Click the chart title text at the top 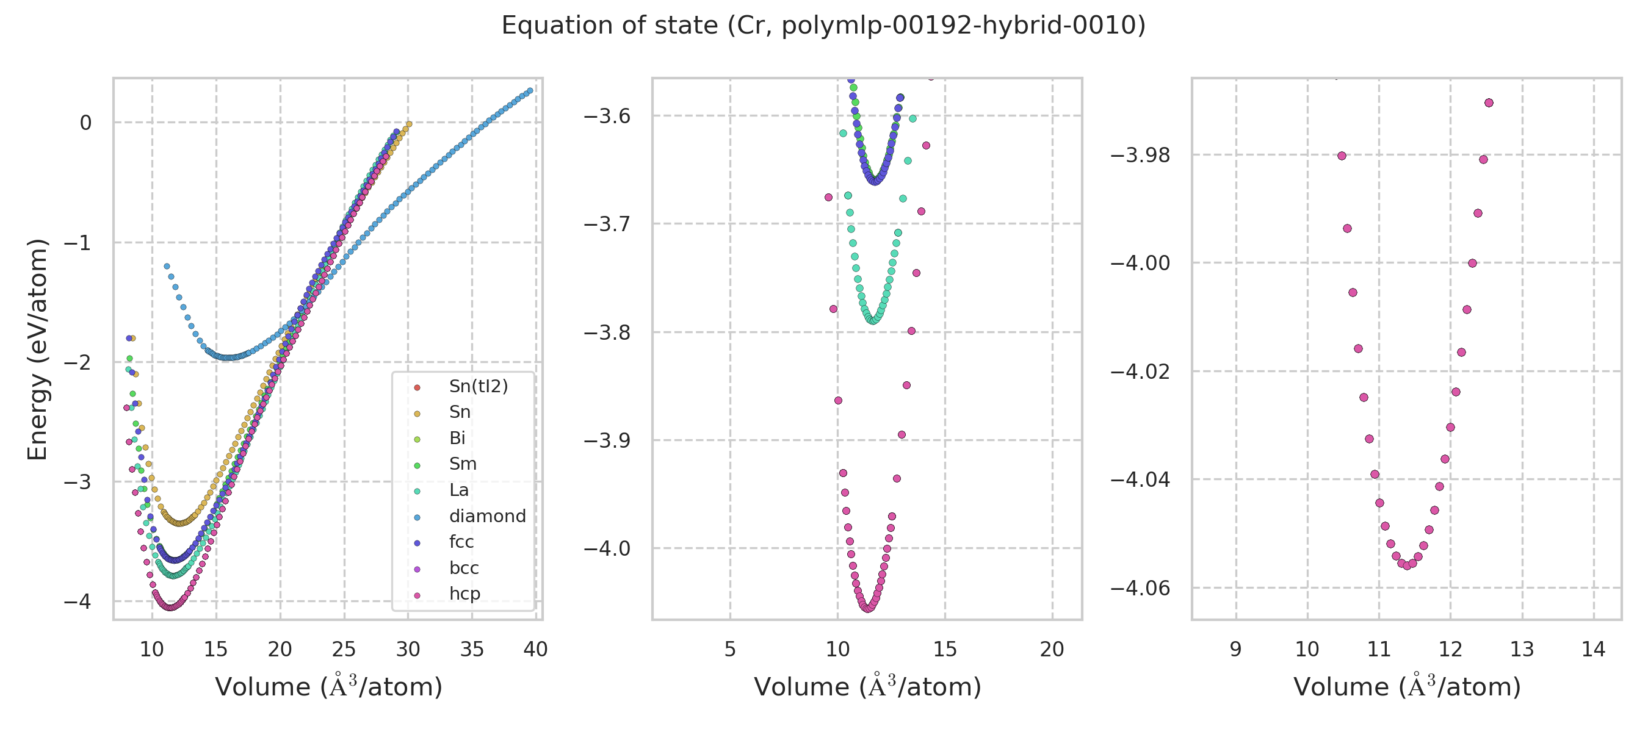pyautogui.click(x=823, y=26)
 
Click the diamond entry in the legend pyautogui.click(x=487, y=516)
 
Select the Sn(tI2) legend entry pyautogui.click(x=478, y=386)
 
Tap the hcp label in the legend pyautogui.click(x=464, y=594)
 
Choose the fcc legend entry pyautogui.click(x=461, y=542)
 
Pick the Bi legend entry pyautogui.click(x=457, y=438)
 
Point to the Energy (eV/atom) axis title pyautogui.click(x=38, y=349)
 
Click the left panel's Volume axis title pyautogui.click(x=328, y=687)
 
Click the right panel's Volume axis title pyautogui.click(x=1407, y=687)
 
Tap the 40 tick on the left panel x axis pyautogui.click(x=535, y=650)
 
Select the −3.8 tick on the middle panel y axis pyautogui.click(x=607, y=332)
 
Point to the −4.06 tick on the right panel pyautogui.click(x=1140, y=588)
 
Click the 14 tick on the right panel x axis pyautogui.click(x=1594, y=650)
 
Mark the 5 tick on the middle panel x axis pyautogui.click(x=730, y=650)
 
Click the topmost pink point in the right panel pyautogui.click(x=1489, y=103)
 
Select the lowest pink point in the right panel pyautogui.click(x=1407, y=566)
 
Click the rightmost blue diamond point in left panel pyautogui.click(x=530, y=91)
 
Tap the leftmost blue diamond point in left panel pyautogui.click(x=167, y=266)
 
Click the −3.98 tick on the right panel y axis pyautogui.click(x=1140, y=156)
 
